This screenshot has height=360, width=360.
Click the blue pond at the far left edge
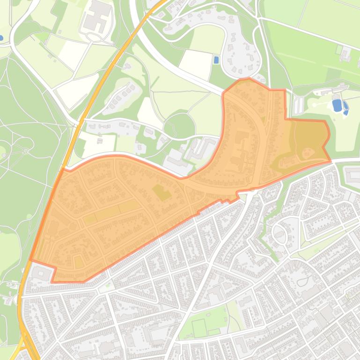pyautogui.click(x=1, y=37)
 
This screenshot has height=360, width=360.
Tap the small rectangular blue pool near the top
pyautogui.click(x=216, y=60)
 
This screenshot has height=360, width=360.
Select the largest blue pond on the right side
pyautogui.click(x=337, y=105)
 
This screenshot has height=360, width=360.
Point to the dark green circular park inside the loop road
pyautogui.click(x=179, y=125)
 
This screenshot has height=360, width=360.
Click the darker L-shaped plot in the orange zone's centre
pyautogui.click(x=162, y=192)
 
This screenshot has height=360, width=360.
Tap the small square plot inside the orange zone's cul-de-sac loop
pyautogui.click(x=78, y=261)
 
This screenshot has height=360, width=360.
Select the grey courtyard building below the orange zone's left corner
pyautogui.click(x=42, y=274)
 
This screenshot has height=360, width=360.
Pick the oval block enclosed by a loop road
pyautogui.click(x=280, y=233)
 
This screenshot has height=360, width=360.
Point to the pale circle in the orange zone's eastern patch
pyautogui.click(x=307, y=152)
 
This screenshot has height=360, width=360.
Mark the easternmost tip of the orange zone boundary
pyautogui.click(x=331, y=161)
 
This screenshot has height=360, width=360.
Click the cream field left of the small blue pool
pyautogui.click(x=196, y=63)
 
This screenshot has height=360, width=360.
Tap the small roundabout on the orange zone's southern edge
pyautogui.click(x=251, y=191)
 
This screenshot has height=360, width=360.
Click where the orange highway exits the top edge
pyautogui.click(x=162, y=1)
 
